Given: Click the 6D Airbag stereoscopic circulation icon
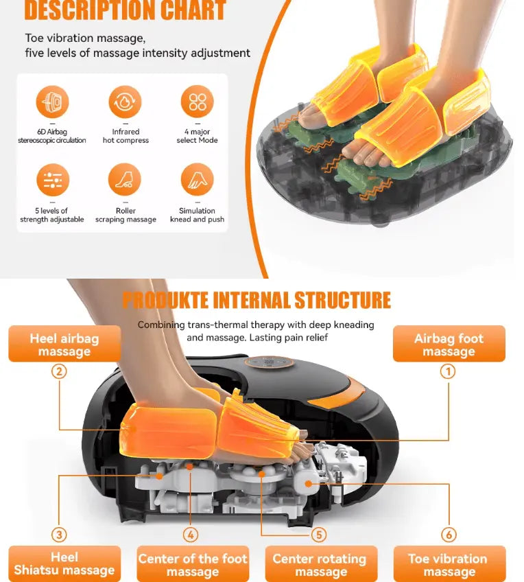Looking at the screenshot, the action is (x=52, y=102).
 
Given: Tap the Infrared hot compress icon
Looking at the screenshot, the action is (x=126, y=102).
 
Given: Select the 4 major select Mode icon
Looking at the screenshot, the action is (x=198, y=102).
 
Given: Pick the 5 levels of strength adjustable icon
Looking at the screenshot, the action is (x=53, y=180).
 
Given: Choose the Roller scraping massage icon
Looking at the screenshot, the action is (x=125, y=180).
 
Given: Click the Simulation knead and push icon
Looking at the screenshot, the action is (x=198, y=180).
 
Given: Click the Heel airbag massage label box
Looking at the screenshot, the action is (x=64, y=344).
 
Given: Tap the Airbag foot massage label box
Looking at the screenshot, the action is (x=449, y=344).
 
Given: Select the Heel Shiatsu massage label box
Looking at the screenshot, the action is (x=64, y=563).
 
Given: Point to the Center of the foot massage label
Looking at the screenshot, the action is (x=193, y=563).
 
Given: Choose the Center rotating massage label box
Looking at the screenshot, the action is (x=321, y=563).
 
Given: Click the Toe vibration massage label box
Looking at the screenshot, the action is (x=449, y=563).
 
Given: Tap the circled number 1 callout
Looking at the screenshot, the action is (x=448, y=371).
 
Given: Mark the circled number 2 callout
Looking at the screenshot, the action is (x=59, y=371).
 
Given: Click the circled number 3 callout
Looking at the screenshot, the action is (x=59, y=535).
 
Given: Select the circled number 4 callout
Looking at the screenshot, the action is (x=191, y=535).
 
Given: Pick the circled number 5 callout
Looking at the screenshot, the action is (x=319, y=535).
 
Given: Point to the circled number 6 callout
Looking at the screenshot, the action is (x=449, y=535).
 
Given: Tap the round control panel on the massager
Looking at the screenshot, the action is (x=270, y=362).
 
